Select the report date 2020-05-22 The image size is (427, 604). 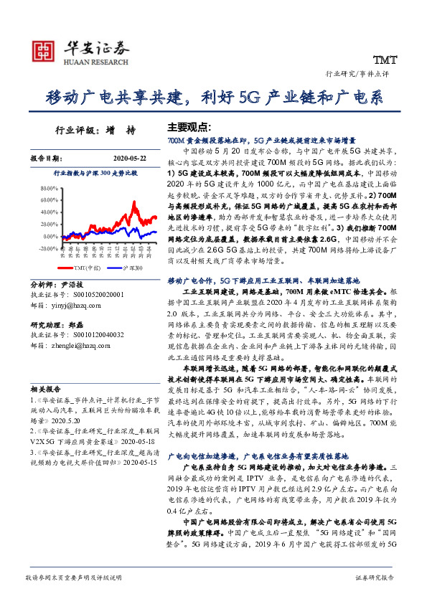[x=129, y=159]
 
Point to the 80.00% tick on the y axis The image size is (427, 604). [x=49, y=189]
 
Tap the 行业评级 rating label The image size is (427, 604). [x=72, y=131]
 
